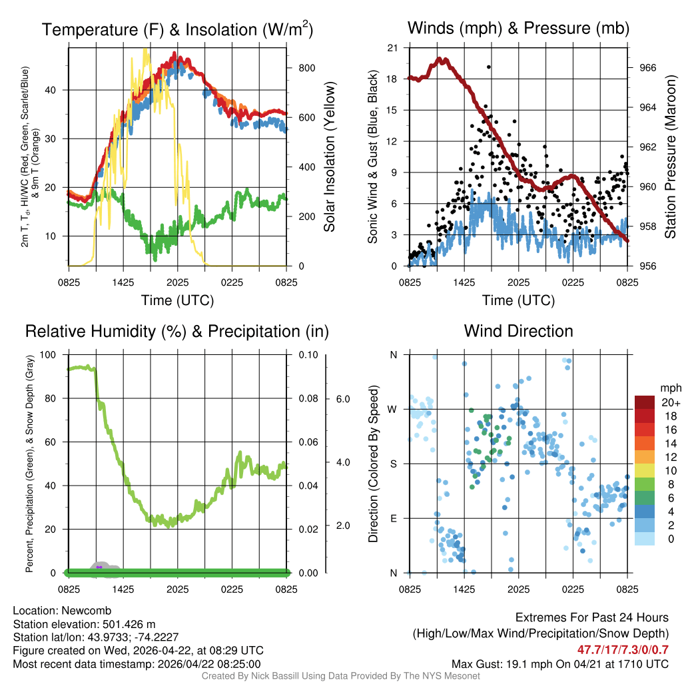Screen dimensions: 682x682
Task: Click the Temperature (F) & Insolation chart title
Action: coord(177,29)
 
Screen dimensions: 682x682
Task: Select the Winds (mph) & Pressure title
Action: coord(518,28)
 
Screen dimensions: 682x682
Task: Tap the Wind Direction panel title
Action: coord(518,331)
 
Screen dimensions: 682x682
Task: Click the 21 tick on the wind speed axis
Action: coord(392,48)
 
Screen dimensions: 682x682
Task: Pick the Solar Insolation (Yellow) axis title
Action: coord(329,157)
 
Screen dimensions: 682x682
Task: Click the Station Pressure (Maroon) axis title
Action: coord(671,157)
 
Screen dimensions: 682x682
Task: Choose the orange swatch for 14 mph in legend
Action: coord(645,443)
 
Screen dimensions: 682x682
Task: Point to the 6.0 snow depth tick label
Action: coord(342,398)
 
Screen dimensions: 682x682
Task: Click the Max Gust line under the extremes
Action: coord(559,663)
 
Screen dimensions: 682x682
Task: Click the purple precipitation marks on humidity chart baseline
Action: coord(99,567)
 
